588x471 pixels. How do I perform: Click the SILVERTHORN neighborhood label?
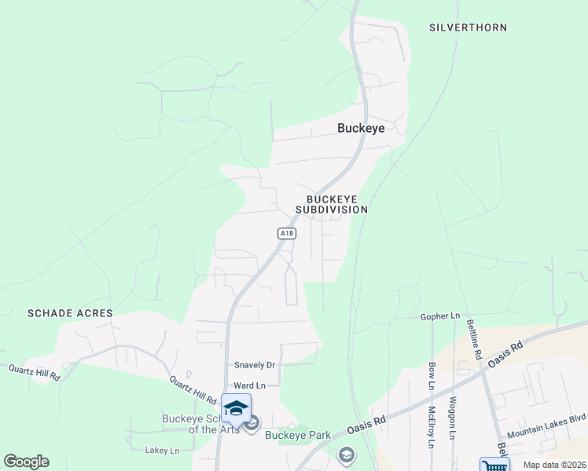point(468,27)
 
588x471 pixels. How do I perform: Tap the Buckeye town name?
point(361,128)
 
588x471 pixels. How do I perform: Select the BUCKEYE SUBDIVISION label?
point(332,205)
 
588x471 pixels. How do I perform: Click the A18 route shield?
point(287,233)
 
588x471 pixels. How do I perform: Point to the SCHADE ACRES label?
point(70,313)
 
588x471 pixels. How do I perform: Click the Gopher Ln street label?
point(439,316)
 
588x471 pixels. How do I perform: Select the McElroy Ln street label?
point(432,425)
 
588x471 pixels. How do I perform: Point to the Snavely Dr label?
point(255,365)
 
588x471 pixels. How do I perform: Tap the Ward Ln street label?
point(250,385)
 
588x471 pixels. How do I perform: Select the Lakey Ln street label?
point(163,451)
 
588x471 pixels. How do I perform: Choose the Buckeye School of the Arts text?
point(200,424)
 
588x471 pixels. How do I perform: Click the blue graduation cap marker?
point(236,408)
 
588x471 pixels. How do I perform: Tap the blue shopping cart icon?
point(494,466)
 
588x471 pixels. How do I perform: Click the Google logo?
point(26,462)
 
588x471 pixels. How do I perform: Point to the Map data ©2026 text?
point(553,465)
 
